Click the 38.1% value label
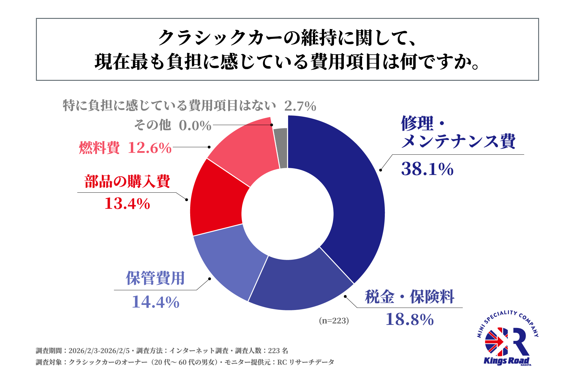(427, 169)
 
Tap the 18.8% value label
(409, 320)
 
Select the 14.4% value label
(155, 302)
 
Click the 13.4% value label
(127, 204)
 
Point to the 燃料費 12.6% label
(125, 148)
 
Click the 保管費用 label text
(155, 278)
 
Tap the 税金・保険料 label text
(409, 297)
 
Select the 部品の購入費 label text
(127, 181)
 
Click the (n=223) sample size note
(334, 321)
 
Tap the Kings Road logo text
(506, 361)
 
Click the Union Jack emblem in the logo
(497, 342)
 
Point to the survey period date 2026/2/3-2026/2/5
(99, 351)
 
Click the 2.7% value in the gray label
(300, 106)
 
